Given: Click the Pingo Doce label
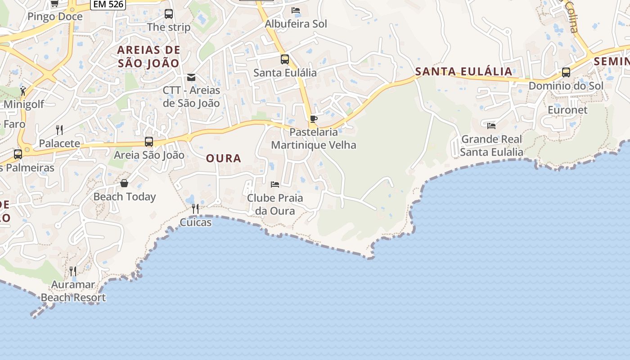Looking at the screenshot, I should coord(55,17).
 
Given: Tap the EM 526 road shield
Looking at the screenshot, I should coord(108,4).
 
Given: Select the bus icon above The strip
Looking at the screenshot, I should coord(169,13).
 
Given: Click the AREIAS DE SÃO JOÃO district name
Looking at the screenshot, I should coord(149,56).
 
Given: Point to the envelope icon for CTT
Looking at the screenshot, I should coord(191,77).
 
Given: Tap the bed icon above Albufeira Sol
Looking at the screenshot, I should coord(296,10).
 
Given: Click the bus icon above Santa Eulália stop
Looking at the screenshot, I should coord(285,59).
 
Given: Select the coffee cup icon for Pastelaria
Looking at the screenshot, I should coord(314,119).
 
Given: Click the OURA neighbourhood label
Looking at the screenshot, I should coord(224,158).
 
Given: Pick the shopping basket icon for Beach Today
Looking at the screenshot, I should coord(124,183).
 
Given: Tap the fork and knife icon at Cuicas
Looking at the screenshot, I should coord(195,209).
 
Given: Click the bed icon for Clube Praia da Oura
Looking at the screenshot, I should coord(275,184).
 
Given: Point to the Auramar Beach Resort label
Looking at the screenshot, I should coord(73,291).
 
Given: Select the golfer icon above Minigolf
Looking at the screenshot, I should coord(23,91).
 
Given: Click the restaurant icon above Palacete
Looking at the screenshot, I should coord(59,130).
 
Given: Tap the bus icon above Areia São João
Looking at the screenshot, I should coord(149,142).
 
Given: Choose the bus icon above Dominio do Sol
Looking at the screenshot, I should coord(566,72).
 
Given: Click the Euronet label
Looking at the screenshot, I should coord(567,110).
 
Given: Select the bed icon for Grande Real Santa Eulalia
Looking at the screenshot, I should coord(491,126).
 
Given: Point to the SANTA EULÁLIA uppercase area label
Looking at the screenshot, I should coord(463,71).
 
